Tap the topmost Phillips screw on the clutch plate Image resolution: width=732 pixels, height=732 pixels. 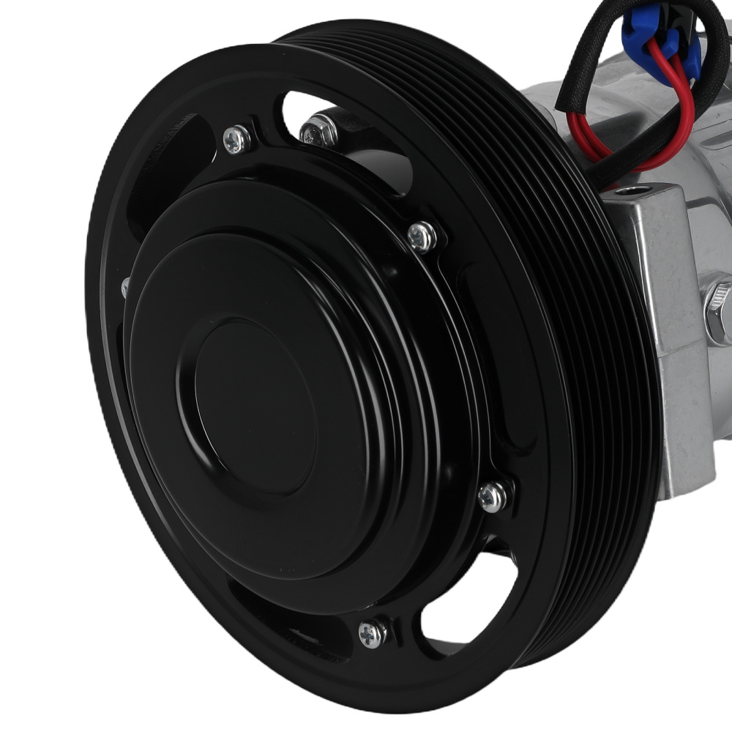click(x=236, y=139)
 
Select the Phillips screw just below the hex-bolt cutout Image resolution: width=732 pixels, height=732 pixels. click(x=423, y=236)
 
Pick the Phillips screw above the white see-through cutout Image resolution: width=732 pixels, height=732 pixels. click(x=493, y=497)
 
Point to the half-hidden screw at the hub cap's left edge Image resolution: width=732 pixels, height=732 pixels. click(x=125, y=287)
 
